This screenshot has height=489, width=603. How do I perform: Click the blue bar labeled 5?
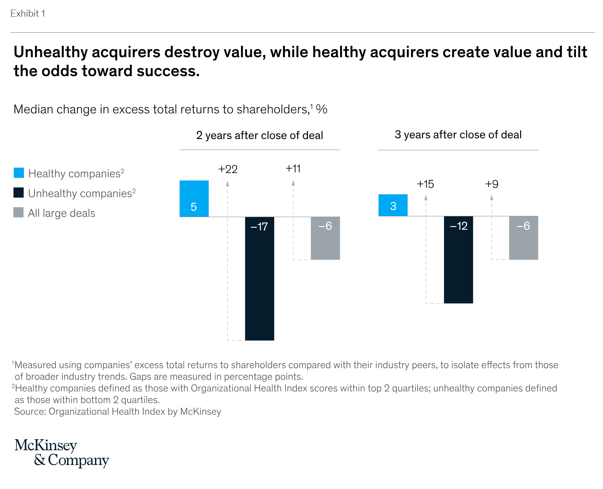(194, 199)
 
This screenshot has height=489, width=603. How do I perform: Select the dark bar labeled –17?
(259, 278)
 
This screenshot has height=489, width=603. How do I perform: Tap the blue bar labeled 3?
(393, 205)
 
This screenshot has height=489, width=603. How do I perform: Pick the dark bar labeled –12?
(458, 260)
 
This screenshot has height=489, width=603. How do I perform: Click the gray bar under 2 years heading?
(325, 238)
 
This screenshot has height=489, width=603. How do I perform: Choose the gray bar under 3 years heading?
(523, 238)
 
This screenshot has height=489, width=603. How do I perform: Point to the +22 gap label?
(228, 169)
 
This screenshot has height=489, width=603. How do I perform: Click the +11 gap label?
(293, 168)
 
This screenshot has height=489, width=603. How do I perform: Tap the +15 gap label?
(425, 184)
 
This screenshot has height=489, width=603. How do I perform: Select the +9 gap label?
(492, 184)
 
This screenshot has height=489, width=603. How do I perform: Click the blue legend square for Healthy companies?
(19, 173)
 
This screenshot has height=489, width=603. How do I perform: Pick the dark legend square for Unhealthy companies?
(19, 193)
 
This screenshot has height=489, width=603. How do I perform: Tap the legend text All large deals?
(62, 213)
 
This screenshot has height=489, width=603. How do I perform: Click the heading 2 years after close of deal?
(259, 135)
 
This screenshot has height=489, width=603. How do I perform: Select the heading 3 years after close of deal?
(458, 135)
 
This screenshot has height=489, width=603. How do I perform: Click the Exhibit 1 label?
(28, 13)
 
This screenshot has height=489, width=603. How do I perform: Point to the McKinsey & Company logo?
(61, 453)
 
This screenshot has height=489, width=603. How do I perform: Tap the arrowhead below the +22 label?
(228, 184)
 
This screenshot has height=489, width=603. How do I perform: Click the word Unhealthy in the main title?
(51, 52)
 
